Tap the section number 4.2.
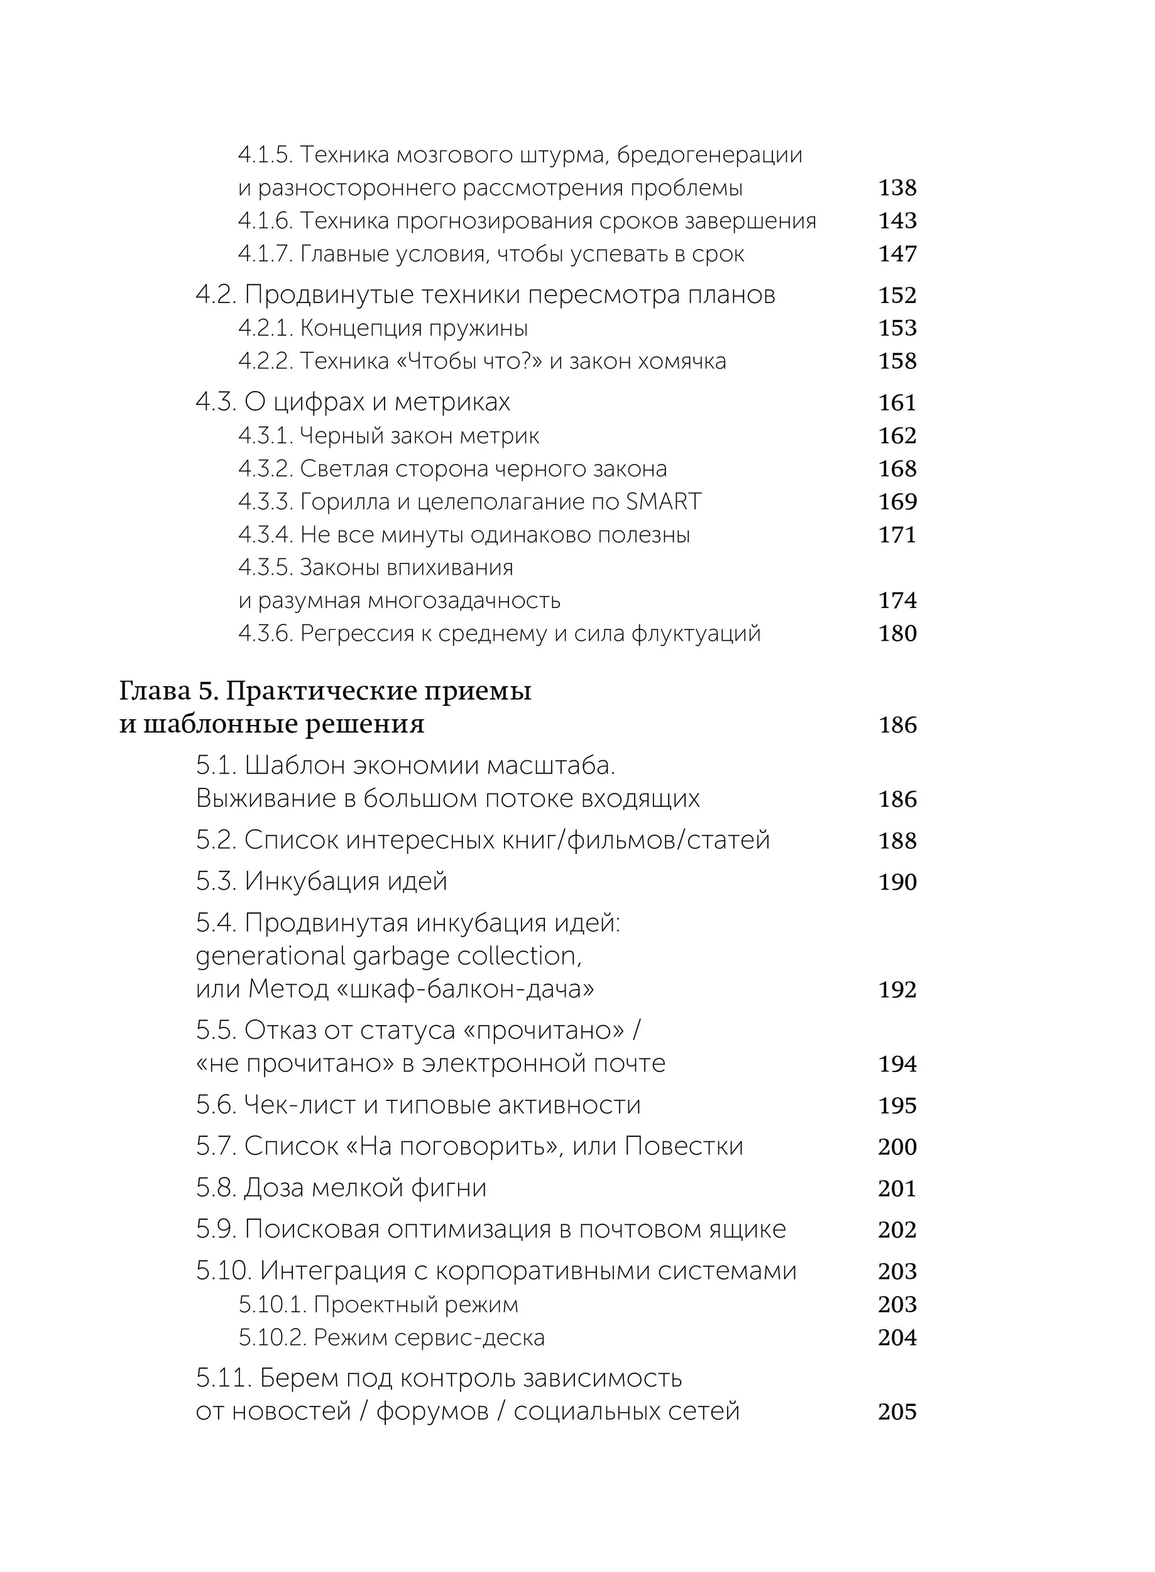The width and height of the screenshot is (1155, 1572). click(x=216, y=296)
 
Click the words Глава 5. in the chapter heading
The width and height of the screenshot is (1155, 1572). click(x=168, y=691)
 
